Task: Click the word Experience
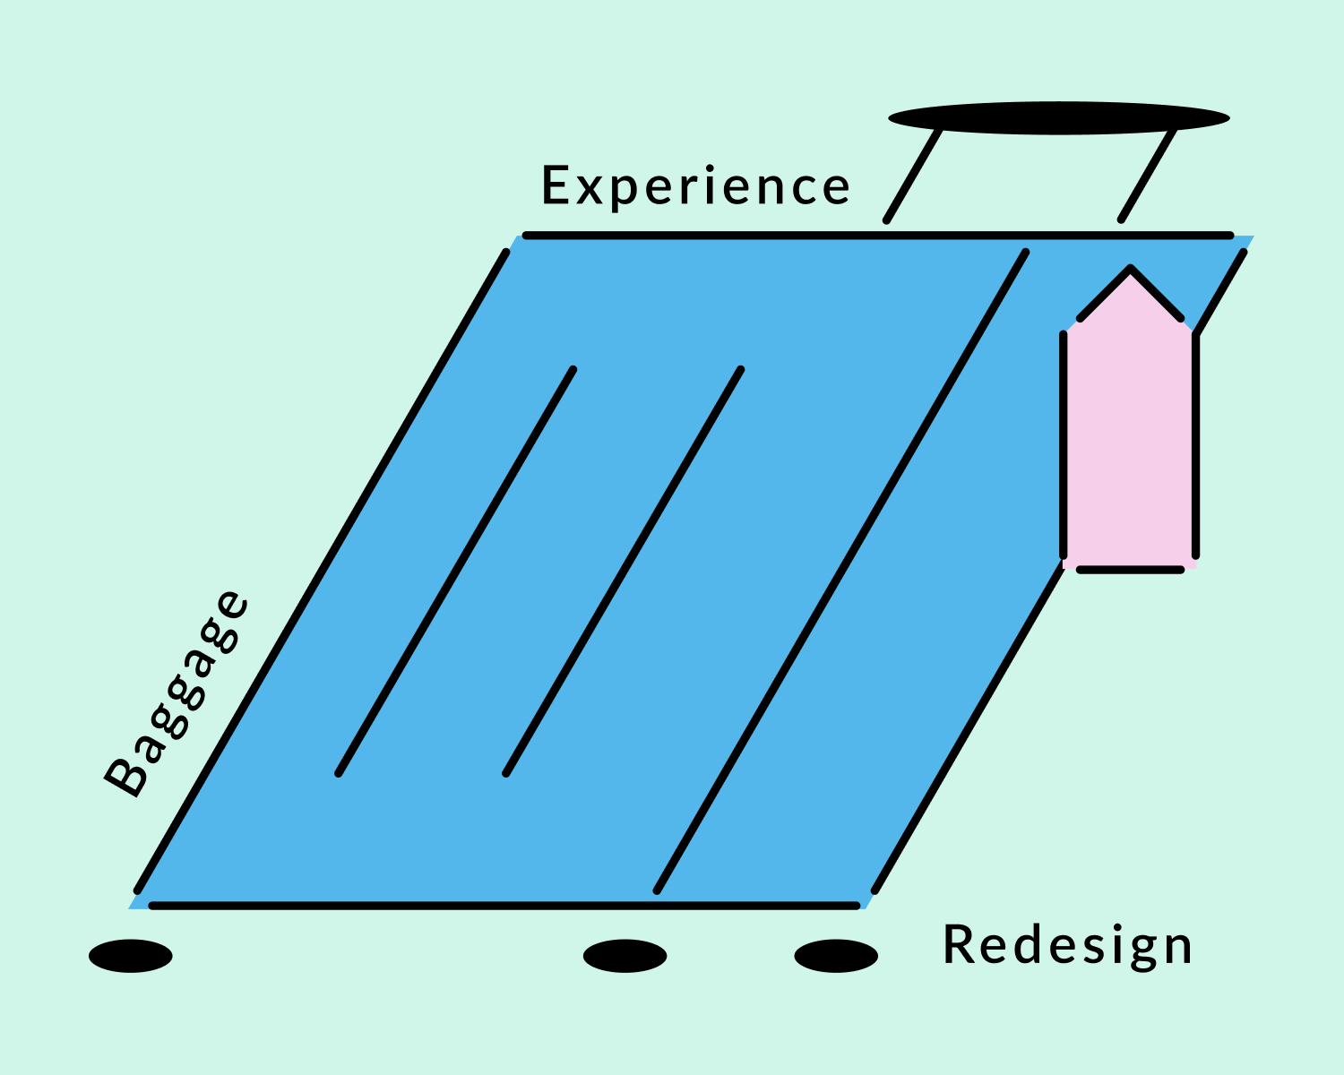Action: [695, 186]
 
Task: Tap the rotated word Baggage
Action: [177, 693]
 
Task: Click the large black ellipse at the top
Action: [1058, 118]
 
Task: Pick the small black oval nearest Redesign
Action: [836, 956]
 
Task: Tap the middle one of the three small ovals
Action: [625, 956]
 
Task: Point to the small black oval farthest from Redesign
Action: [131, 956]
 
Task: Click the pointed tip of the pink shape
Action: [1131, 269]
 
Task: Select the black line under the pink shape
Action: [1131, 570]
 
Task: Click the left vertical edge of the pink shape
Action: [1063, 444]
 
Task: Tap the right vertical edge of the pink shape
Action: [1195, 444]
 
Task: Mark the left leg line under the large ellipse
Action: [912, 175]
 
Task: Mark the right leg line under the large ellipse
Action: [1148, 175]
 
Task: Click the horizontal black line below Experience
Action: [878, 236]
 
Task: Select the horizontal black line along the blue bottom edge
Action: [504, 906]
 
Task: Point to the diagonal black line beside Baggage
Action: [322, 572]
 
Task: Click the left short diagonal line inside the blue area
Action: [456, 572]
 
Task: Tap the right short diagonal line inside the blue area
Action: [624, 572]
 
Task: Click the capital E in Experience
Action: [556, 185]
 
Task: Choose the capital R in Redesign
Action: [959, 944]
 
